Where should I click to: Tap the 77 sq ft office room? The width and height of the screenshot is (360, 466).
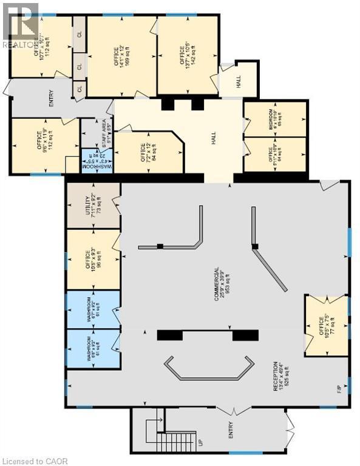click(326, 325)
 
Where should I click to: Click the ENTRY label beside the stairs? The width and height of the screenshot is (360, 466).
click(231, 431)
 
